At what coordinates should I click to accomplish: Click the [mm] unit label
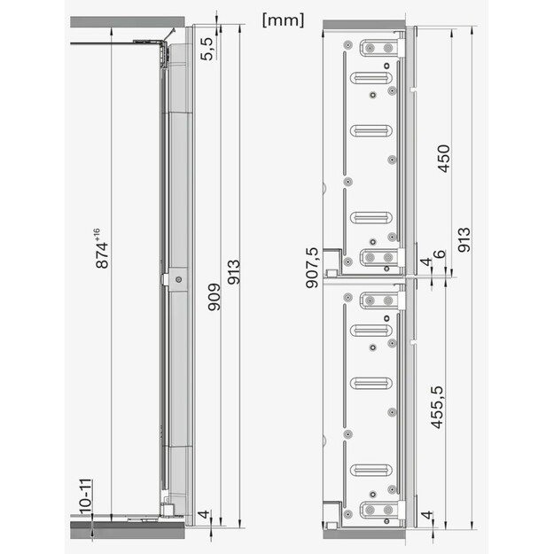pos(283,19)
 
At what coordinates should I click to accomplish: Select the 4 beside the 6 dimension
pos(426,264)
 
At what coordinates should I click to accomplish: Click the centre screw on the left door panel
pos(179,279)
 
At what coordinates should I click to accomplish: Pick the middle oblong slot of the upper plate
pos(373,131)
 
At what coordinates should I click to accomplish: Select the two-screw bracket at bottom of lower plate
pos(382,511)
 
